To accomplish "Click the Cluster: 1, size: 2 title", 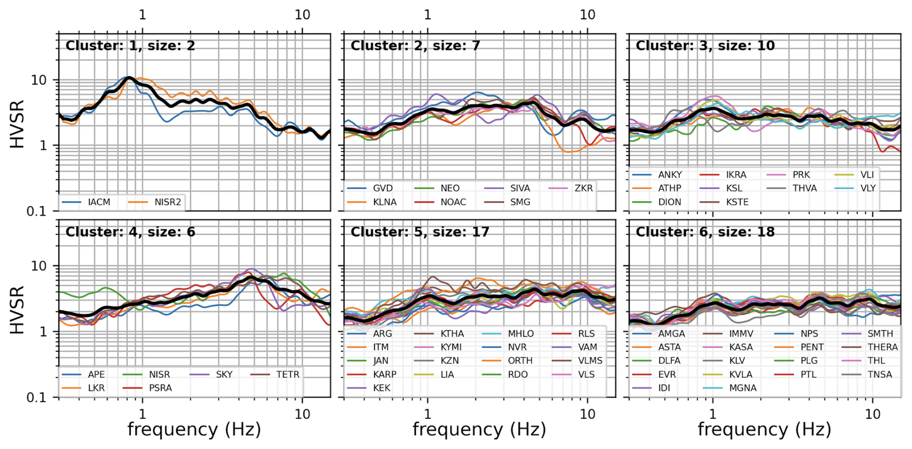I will (x=130, y=46).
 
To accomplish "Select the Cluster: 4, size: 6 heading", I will (x=130, y=232).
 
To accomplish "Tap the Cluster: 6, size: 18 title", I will (x=705, y=232).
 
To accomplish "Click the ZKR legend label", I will (x=583, y=188).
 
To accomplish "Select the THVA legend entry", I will (x=805, y=188).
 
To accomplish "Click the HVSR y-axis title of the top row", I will (x=17, y=124).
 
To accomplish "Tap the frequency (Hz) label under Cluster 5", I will (x=479, y=429).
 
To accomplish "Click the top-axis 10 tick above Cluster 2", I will (x=587, y=15).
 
